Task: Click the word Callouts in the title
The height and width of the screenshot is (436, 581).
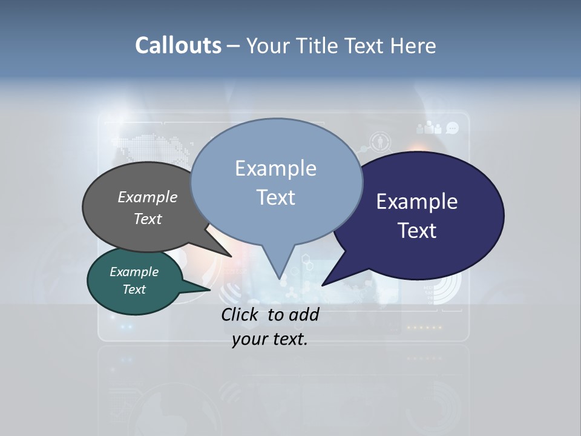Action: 178,45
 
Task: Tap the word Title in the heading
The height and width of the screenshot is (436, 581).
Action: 319,45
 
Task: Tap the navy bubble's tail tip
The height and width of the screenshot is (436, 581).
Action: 323,285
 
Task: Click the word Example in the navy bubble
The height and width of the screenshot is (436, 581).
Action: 416,202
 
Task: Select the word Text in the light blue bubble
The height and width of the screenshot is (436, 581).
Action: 275,197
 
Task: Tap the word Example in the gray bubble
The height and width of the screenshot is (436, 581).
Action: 147,197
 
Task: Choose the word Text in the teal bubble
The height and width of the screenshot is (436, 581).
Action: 134,289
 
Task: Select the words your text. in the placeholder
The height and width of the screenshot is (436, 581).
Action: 269,339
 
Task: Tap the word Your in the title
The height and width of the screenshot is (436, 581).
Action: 268,45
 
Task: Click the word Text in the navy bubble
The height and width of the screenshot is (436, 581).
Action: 417,231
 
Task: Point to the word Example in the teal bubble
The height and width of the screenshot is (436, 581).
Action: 134,272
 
